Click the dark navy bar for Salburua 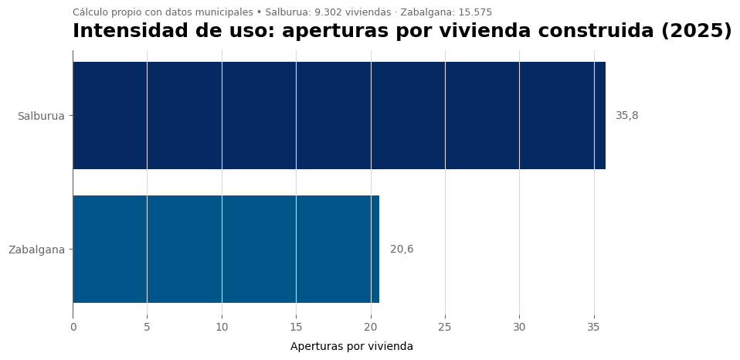coord(338,116)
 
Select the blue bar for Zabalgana coord(226,249)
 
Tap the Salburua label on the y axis coord(41,116)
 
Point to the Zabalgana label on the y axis coord(36,250)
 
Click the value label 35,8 coord(626,116)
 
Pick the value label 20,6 coord(402,250)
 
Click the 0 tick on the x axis coord(73,328)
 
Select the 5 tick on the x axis coord(147,328)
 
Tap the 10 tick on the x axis coord(222,328)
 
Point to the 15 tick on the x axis coord(296,328)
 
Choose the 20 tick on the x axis coord(371,328)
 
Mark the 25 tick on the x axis coord(445,328)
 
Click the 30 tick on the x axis coord(519,328)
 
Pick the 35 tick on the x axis coord(594,328)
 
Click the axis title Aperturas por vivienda coord(351,347)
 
